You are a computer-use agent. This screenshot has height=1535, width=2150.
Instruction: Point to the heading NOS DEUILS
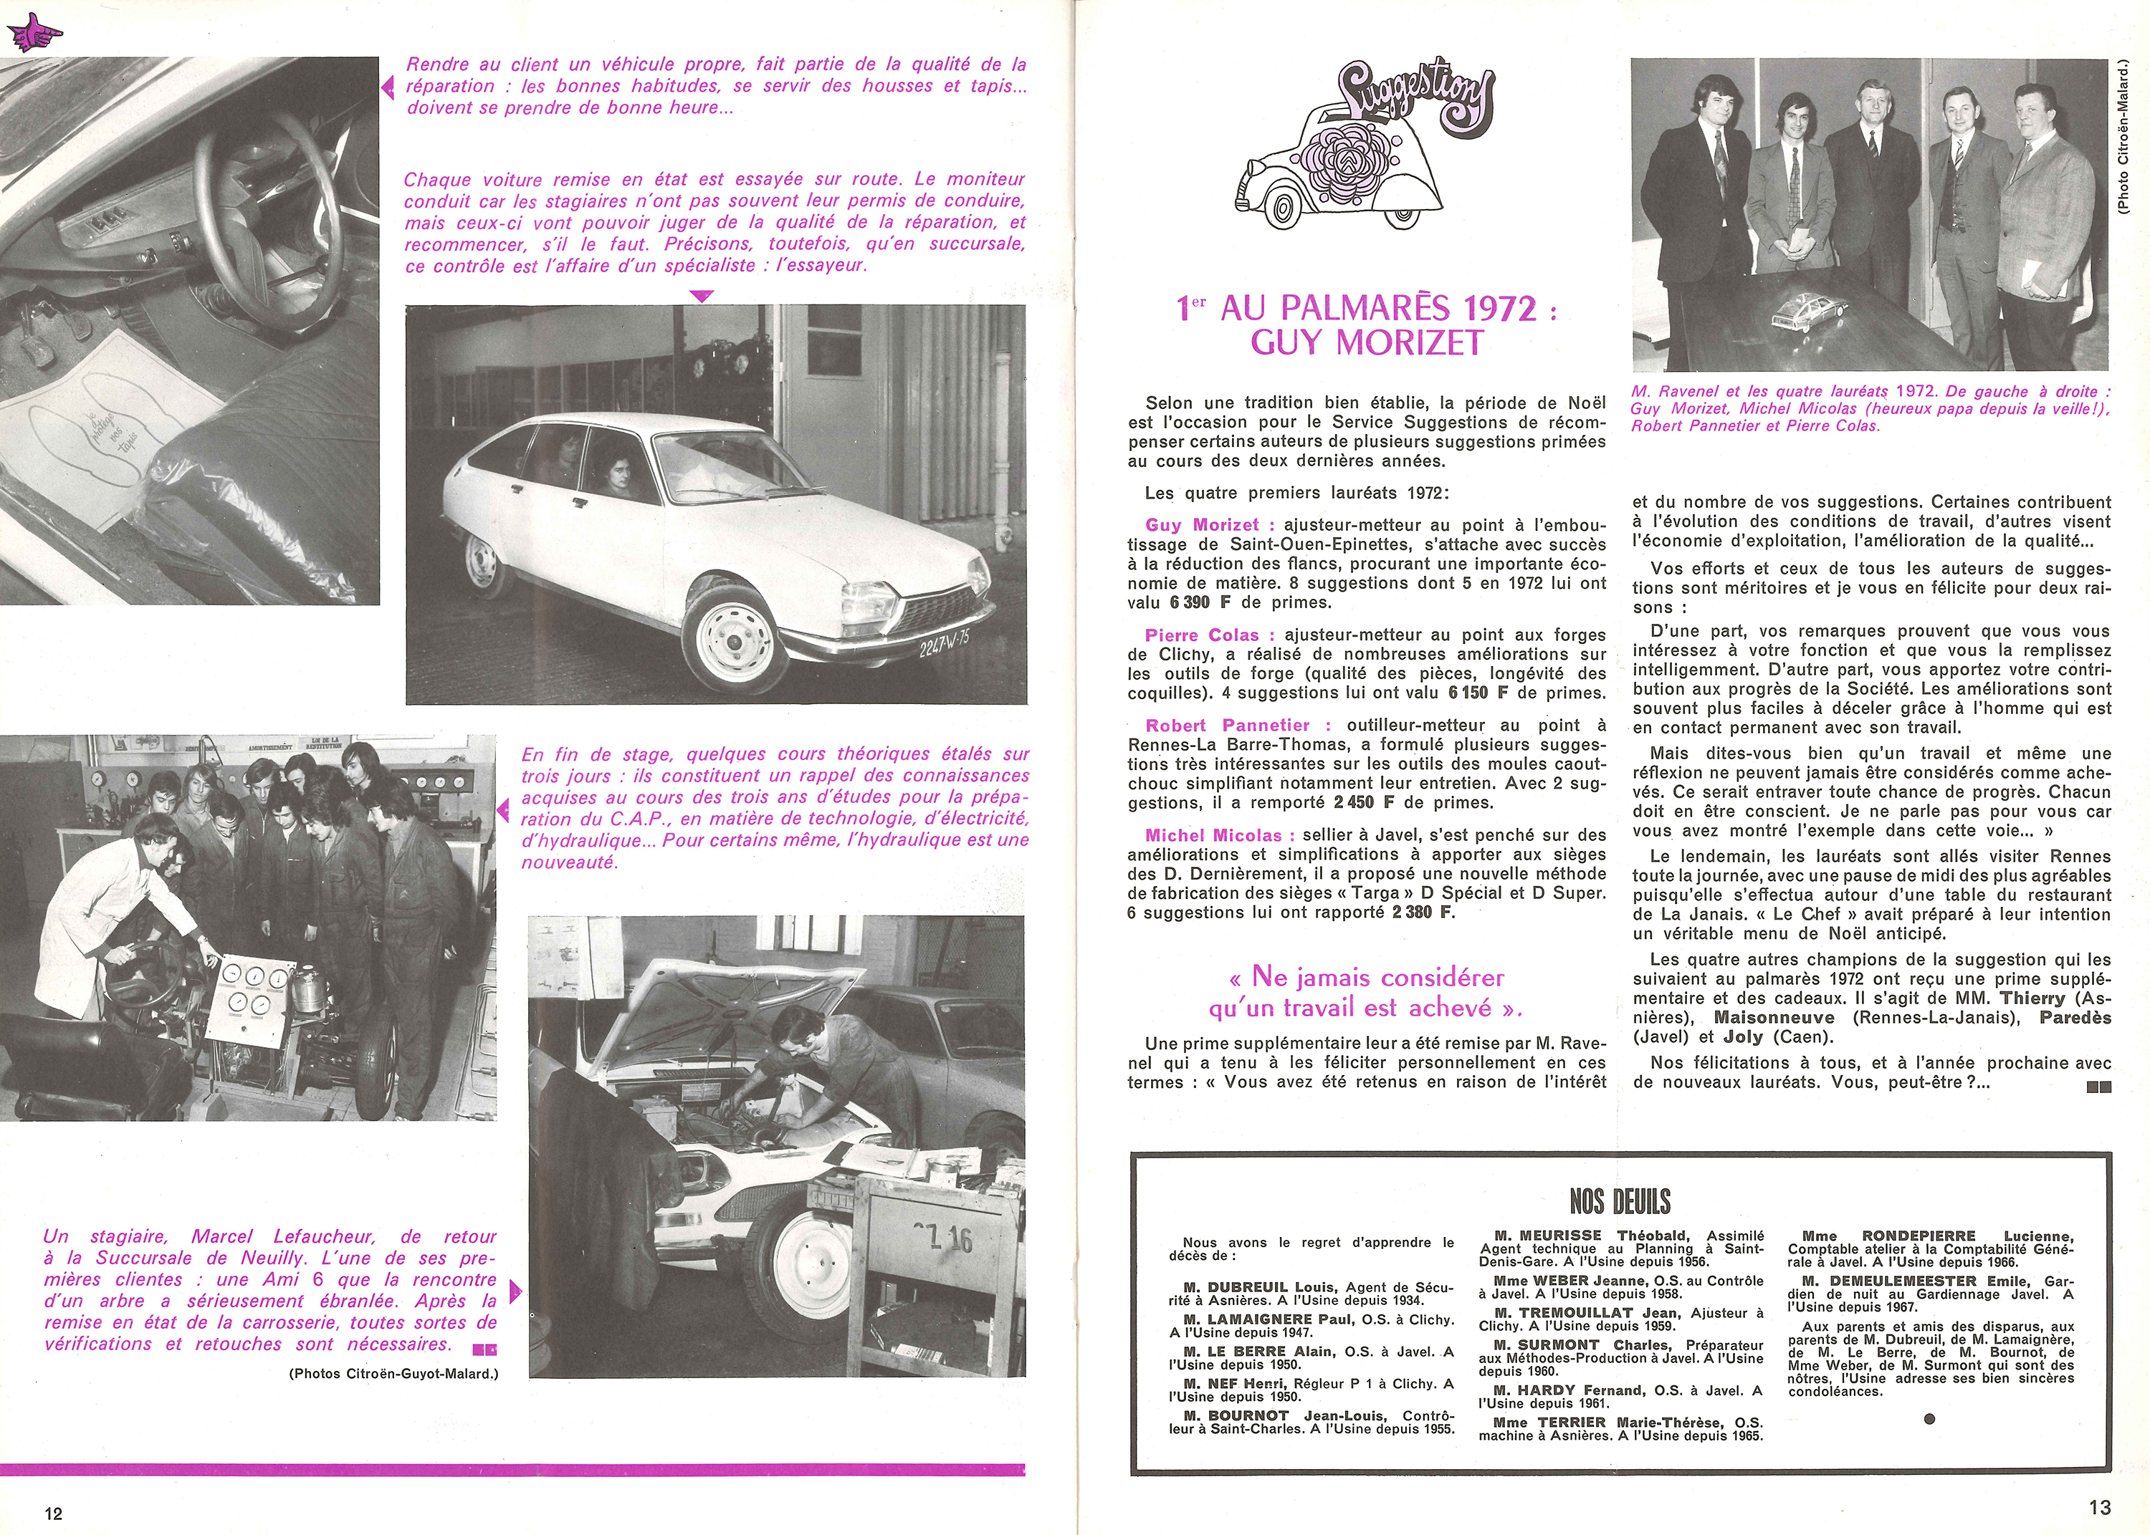pyautogui.click(x=1620, y=1201)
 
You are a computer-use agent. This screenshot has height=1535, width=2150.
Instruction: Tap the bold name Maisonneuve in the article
pyautogui.click(x=1774, y=1018)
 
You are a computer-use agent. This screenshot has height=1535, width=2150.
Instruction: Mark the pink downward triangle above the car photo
pyautogui.click(x=701, y=297)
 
